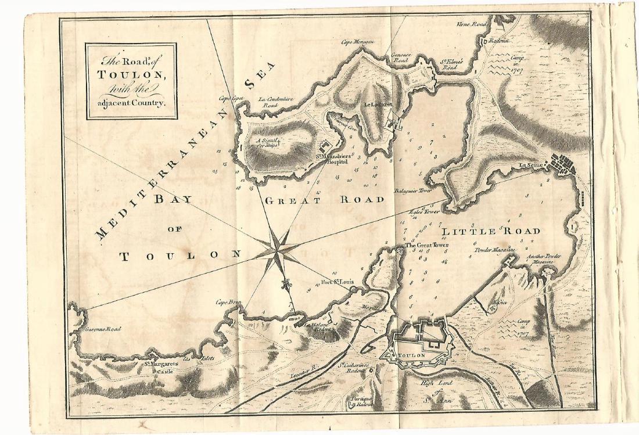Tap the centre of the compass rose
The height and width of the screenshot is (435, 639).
[278, 252]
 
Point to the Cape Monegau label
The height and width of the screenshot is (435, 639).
[356, 42]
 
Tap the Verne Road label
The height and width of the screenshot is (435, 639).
[471, 24]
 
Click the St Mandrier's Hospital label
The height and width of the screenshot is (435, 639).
[331, 159]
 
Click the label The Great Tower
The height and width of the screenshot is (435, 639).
[427, 246]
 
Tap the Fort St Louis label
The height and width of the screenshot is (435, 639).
[337, 284]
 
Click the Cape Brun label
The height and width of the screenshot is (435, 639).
[228, 302]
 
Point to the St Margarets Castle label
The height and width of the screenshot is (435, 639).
[161, 367]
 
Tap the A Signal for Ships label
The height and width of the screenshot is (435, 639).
[268, 142]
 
